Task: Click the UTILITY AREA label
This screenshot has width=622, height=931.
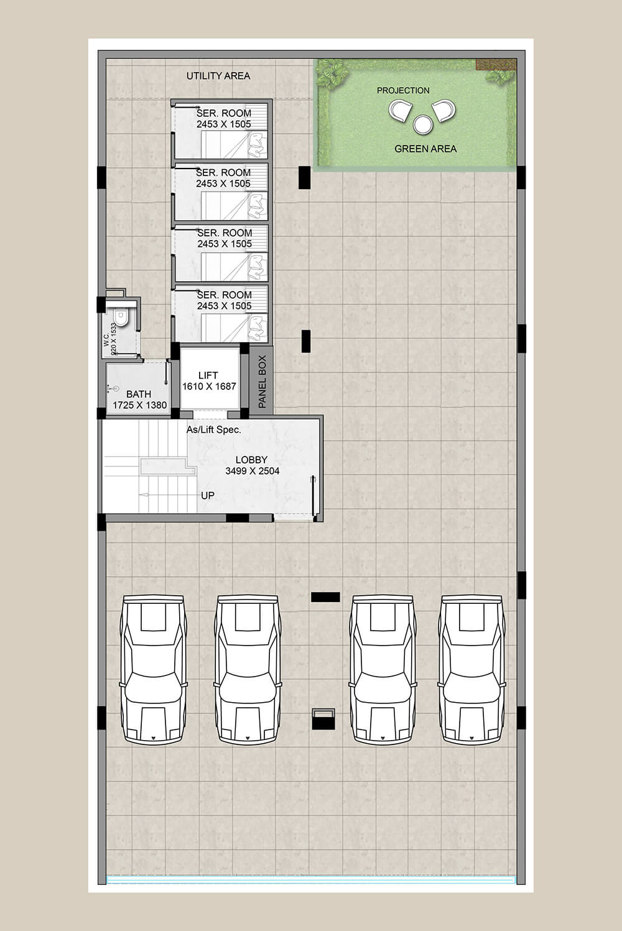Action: point(218,76)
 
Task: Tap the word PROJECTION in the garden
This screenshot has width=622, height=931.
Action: point(403,90)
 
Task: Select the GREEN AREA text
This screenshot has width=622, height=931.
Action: point(425,149)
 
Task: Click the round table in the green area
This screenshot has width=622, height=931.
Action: point(423,124)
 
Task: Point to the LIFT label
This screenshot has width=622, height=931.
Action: point(208,375)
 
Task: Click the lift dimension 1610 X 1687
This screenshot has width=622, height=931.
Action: point(209,386)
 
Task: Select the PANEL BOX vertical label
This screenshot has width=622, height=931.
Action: point(262,382)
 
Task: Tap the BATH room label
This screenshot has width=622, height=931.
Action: point(139,394)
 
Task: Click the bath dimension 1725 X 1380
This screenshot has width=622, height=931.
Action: point(140,405)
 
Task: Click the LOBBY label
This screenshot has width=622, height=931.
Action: point(251,460)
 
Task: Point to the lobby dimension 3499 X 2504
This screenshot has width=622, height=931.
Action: point(253,471)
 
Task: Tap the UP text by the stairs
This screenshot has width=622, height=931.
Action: point(208,496)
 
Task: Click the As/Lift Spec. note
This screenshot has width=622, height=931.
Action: point(214,430)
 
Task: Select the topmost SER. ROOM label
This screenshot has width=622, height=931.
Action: point(224,113)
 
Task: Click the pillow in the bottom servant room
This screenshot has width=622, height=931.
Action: point(256,327)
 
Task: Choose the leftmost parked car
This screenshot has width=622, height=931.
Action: point(152,669)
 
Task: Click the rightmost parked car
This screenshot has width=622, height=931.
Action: point(472,669)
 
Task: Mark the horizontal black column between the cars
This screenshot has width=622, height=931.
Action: point(325,597)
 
